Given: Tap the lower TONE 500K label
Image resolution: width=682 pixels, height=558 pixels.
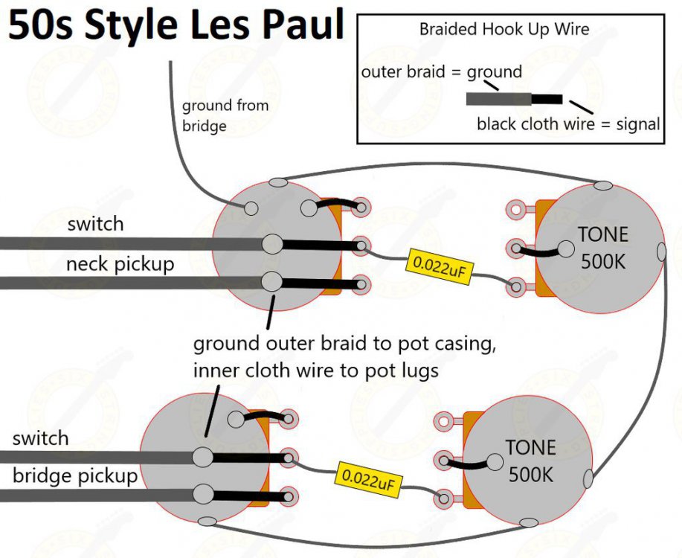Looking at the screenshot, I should point(531,461).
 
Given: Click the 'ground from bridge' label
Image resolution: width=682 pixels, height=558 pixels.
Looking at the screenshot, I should point(225,115).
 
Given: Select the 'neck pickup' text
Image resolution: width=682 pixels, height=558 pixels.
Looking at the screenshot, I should point(120,264).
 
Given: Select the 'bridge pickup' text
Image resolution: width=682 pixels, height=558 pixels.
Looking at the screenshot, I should point(75,475).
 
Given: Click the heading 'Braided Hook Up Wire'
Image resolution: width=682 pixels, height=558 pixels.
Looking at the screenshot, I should point(504,30).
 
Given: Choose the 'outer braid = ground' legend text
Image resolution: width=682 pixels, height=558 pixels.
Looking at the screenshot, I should point(442,72).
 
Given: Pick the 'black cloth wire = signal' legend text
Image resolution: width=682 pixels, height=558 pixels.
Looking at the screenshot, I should point(568,124).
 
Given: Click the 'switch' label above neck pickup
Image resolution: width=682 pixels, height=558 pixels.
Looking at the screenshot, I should point(95,224).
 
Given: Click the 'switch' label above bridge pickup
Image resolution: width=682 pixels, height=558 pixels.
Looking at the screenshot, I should point(40,438).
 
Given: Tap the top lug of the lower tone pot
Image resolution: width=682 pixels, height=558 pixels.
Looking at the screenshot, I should point(444,422).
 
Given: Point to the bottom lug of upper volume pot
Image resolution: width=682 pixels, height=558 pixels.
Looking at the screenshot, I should point(361,283).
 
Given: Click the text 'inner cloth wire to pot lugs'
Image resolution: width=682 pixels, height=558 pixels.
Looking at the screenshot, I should point(316,369).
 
